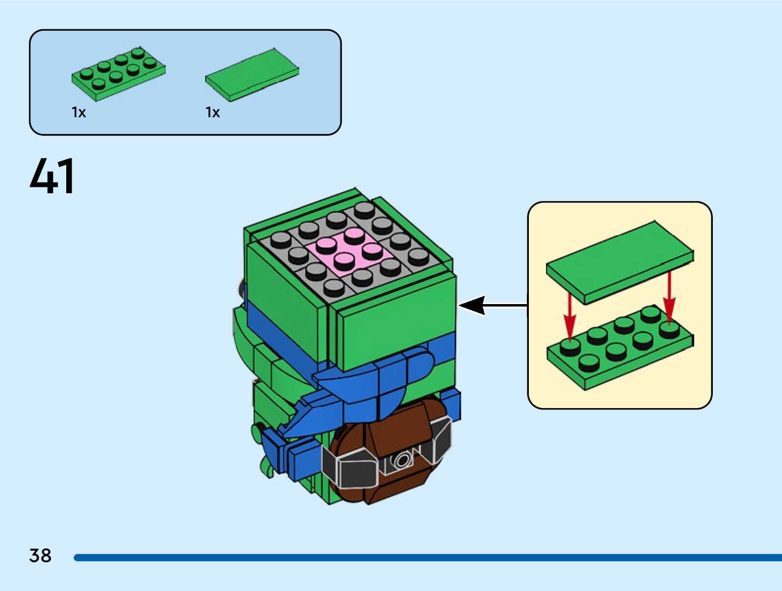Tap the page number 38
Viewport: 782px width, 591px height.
[40, 556]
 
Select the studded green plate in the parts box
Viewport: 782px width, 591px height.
[118, 74]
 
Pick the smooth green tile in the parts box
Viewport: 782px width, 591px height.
[252, 75]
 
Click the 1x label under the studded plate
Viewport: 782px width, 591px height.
[78, 113]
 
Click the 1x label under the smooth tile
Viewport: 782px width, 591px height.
[212, 113]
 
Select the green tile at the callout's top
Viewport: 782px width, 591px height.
[619, 262]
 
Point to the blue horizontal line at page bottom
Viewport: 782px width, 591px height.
[427, 558]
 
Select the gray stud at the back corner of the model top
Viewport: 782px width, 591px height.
[364, 209]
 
